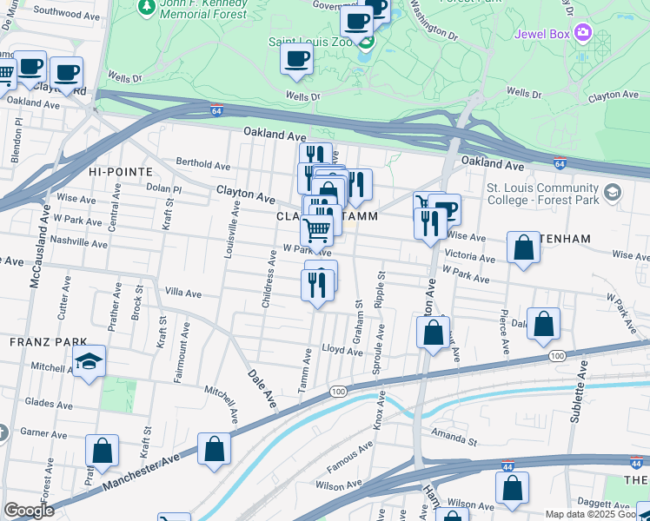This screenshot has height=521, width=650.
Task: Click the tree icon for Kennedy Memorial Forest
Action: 146,6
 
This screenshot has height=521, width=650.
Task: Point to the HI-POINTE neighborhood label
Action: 120,172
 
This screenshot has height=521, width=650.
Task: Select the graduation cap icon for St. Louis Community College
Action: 613,192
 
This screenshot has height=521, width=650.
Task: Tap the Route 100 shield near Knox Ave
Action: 337,392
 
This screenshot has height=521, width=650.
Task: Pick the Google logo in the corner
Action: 29,511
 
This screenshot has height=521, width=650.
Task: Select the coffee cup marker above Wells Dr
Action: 296,60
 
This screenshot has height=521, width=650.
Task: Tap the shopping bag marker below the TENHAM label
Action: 524,247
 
